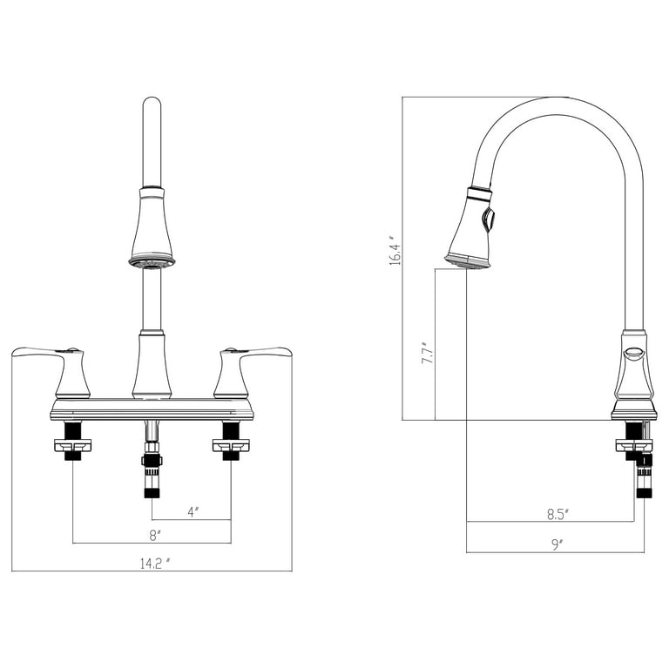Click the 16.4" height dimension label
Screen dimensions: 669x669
(395, 250)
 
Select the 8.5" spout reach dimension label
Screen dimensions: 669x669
(557, 514)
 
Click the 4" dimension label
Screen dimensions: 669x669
(193, 511)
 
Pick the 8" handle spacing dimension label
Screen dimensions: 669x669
(152, 535)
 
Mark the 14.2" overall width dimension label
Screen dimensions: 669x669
(153, 563)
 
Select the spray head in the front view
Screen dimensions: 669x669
(152, 228)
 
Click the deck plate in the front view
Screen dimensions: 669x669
(152, 409)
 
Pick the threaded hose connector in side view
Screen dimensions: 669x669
(644, 475)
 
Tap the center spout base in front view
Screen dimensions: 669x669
(152, 366)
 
